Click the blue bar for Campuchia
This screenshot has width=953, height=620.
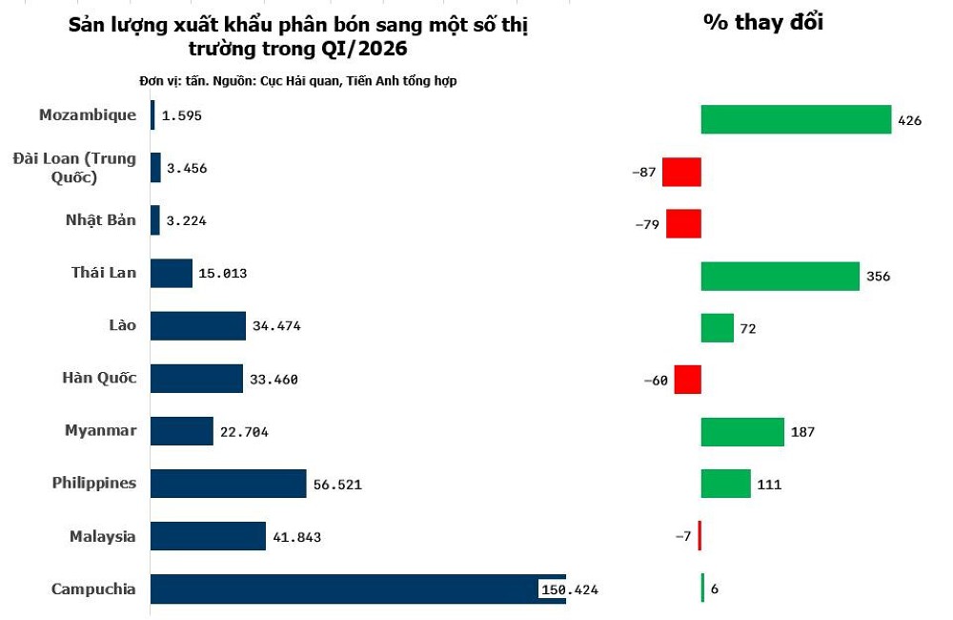pyautogui.click(x=357, y=589)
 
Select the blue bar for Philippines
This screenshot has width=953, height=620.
pyautogui.click(x=228, y=484)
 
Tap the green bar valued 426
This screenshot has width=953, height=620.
pyautogui.click(x=796, y=119)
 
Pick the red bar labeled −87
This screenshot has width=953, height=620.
pyautogui.click(x=681, y=172)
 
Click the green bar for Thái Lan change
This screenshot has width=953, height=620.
pyautogui.click(x=780, y=277)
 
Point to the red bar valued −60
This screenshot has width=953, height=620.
pyautogui.click(x=687, y=380)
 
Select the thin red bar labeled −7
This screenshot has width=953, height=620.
pyautogui.click(x=700, y=536)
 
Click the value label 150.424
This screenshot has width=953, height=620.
pyautogui.click(x=569, y=590)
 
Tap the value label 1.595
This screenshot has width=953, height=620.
pyautogui.click(x=182, y=115)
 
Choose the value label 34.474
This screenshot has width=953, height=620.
pyautogui.click(x=276, y=327)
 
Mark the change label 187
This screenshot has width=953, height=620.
pyautogui.click(x=802, y=432)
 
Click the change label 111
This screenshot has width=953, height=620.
pyautogui.click(x=769, y=485)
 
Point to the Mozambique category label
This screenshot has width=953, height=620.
pyautogui.click(x=87, y=114)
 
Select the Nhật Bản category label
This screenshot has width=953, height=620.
pyautogui.click(x=100, y=219)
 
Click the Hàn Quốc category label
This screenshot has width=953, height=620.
pyautogui.click(x=99, y=378)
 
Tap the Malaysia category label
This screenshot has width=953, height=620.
pyautogui.click(x=102, y=536)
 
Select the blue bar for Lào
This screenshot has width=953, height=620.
pyautogui.click(x=198, y=326)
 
